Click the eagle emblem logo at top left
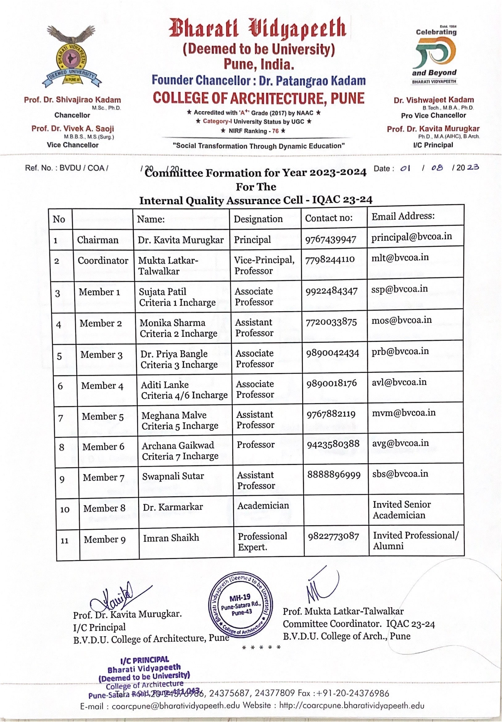[72, 56]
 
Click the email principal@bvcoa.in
[411, 236]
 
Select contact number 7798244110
[330, 260]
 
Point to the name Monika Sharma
[172, 323]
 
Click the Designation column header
[258, 219]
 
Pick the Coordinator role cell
[103, 260]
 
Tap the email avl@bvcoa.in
[399, 382]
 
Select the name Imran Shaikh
[171, 538]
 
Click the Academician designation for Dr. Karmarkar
[263, 506]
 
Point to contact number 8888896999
[334, 474]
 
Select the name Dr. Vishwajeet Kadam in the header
[434, 100]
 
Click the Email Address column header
[403, 216]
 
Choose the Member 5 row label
[102, 416]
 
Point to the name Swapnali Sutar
[173, 476]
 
